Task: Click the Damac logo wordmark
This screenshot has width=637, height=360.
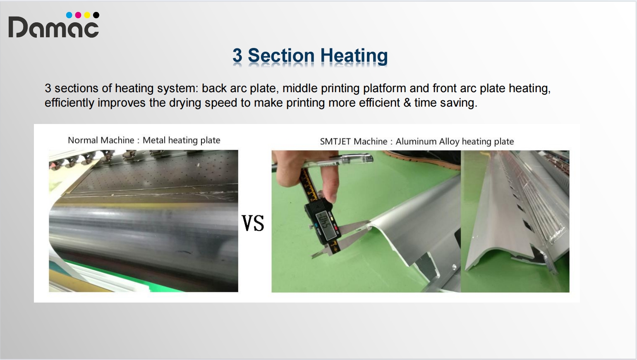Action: coord(54,27)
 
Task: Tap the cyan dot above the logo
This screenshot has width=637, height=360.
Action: coord(69,15)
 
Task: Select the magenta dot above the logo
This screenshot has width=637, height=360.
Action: coord(78,15)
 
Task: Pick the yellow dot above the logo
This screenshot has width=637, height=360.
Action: coord(87,15)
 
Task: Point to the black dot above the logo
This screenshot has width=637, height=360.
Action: coord(96,15)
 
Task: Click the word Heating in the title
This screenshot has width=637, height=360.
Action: coord(354,56)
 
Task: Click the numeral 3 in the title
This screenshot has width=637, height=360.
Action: coord(237,55)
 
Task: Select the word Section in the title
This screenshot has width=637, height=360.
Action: coord(281,55)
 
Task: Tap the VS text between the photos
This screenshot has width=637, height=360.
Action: coord(253,223)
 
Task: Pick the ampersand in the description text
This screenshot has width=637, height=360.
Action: coord(407,103)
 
